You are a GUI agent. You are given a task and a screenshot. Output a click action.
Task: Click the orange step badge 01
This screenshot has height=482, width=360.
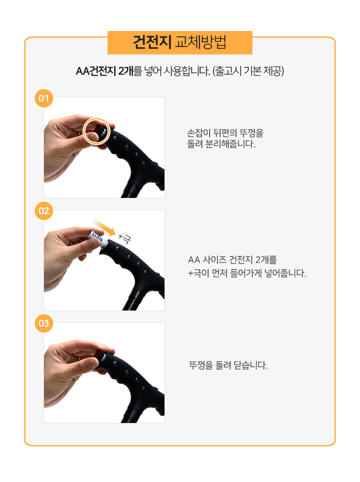[x=44, y=98]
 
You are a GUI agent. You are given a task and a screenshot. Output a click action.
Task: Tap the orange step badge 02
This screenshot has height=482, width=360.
[x=44, y=211]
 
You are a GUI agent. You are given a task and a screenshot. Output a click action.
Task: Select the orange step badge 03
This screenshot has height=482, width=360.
[x=44, y=323]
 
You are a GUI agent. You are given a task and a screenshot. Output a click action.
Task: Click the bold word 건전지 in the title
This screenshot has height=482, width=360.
[x=152, y=42]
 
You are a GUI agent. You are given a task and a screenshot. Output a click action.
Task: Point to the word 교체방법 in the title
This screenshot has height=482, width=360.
[x=201, y=42]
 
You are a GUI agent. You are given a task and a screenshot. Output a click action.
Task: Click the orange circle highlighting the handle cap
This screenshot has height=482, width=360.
[x=96, y=131]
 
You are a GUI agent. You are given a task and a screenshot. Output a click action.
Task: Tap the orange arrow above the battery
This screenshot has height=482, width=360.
[x=105, y=228]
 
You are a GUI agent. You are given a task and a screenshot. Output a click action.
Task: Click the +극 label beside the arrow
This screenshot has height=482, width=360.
[x=125, y=238]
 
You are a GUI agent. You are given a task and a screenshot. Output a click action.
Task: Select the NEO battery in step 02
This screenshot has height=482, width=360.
[x=96, y=236]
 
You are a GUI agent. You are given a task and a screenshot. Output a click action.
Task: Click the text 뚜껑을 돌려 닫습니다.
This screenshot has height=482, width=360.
[x=229, y=365]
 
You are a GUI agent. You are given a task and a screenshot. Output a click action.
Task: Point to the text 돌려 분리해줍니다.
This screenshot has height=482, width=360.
[x=221, y=144]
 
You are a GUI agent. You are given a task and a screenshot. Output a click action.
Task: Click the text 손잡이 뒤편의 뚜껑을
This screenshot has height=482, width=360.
[x=225, y=133]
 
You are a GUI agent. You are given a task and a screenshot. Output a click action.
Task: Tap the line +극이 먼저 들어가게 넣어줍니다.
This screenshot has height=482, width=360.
[x=247, y=273]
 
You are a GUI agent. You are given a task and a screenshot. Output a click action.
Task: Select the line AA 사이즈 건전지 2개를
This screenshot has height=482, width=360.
[x=232, y=260]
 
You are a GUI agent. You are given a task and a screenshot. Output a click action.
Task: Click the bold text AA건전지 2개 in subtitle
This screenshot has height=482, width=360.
[x=105, y=71]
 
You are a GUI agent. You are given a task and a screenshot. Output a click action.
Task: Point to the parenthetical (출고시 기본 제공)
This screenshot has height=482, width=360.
[x=248, y=71]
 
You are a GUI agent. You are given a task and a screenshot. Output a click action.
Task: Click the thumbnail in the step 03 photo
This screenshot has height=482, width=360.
[x=93, y=363]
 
